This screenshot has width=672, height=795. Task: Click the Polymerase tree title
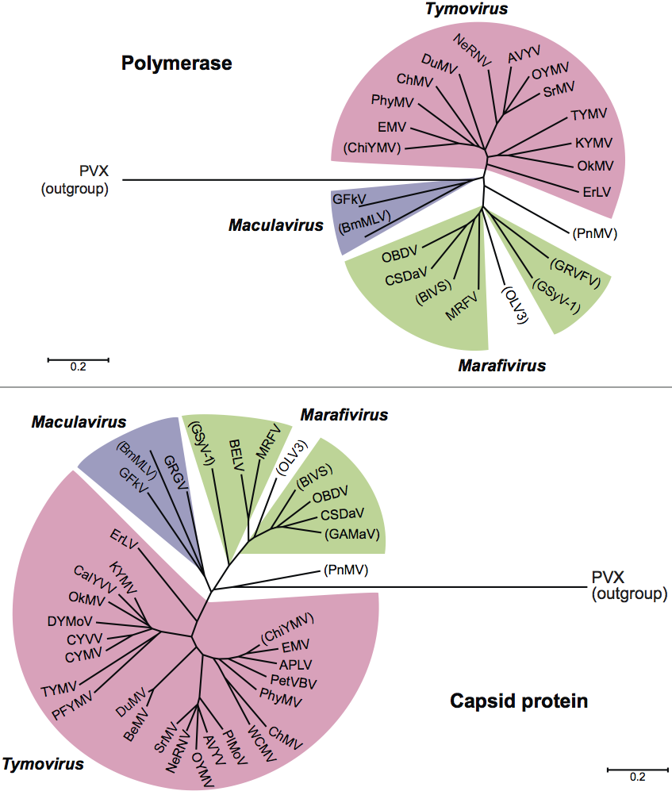click(176, 63)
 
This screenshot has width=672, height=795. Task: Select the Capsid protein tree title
click(519, 701)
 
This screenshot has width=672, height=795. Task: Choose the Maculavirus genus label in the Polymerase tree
click(276, 226)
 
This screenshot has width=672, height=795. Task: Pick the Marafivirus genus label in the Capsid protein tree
click(344, 415)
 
